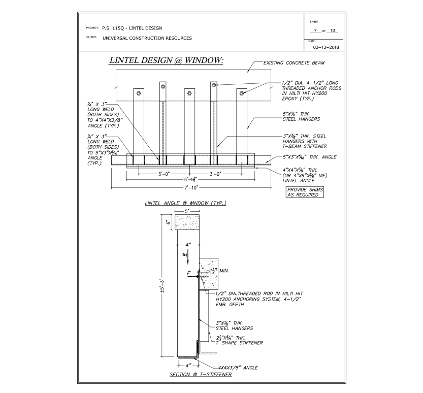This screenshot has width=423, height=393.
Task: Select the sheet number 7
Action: pyautogui.click(x=316, y=30)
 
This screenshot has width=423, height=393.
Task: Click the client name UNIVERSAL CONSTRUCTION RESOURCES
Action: pyautogui.click(x=147, y=38)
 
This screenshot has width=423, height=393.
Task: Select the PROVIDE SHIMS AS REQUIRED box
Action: pyautogui.click(x=305, y=192)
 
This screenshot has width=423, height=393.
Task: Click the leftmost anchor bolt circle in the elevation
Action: pyautogui.click(x=138, y=93)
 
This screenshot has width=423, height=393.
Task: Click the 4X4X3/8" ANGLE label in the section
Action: pyautogui.click(x=238, y=367)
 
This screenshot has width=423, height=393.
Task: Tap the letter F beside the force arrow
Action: pyautogui.click(x=188, y=273)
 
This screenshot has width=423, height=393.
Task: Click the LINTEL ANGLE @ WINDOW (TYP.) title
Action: pyautogui.click(x=185, y=204)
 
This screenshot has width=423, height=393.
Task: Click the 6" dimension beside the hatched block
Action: pyautogui.click(x=168, y=222)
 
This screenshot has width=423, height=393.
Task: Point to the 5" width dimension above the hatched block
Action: pyautogui.click(x=187, y=210)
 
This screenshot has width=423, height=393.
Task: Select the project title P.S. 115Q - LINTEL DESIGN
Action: pyautogui.click(x=132, y=28)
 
